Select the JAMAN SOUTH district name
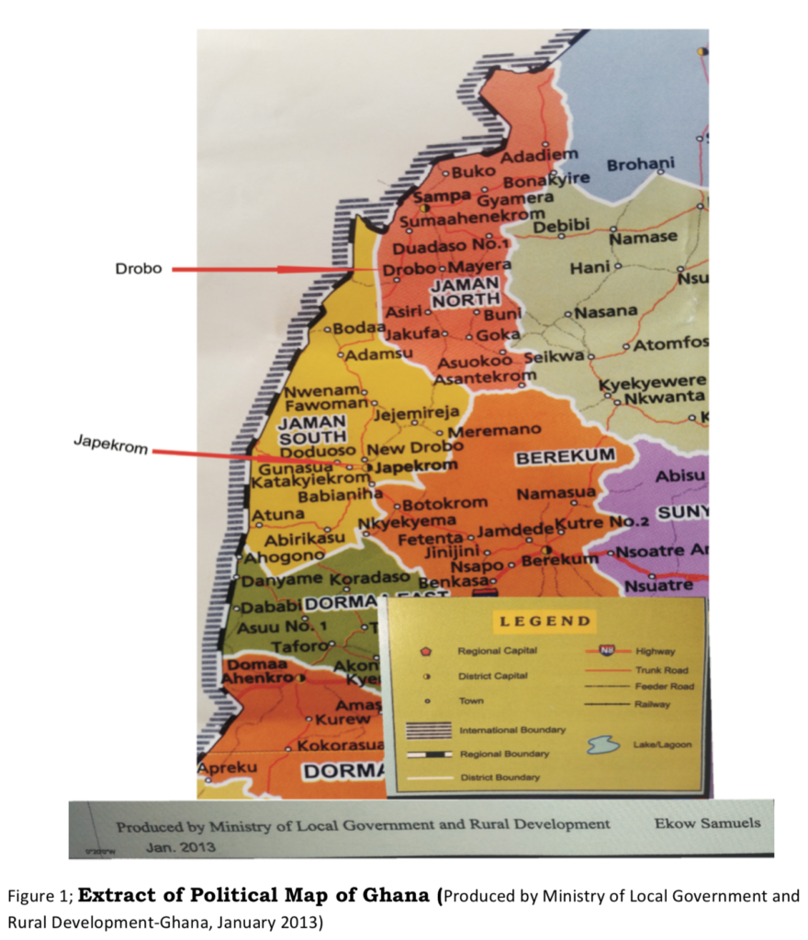point(311,429)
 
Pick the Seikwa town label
point(554,356)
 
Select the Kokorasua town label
point(340,745)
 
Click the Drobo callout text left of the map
point(139,269)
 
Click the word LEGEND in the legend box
point(544,621)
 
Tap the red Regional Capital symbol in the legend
point(425,651)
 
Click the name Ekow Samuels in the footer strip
point(707,822)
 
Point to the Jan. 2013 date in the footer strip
point(181,846)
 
